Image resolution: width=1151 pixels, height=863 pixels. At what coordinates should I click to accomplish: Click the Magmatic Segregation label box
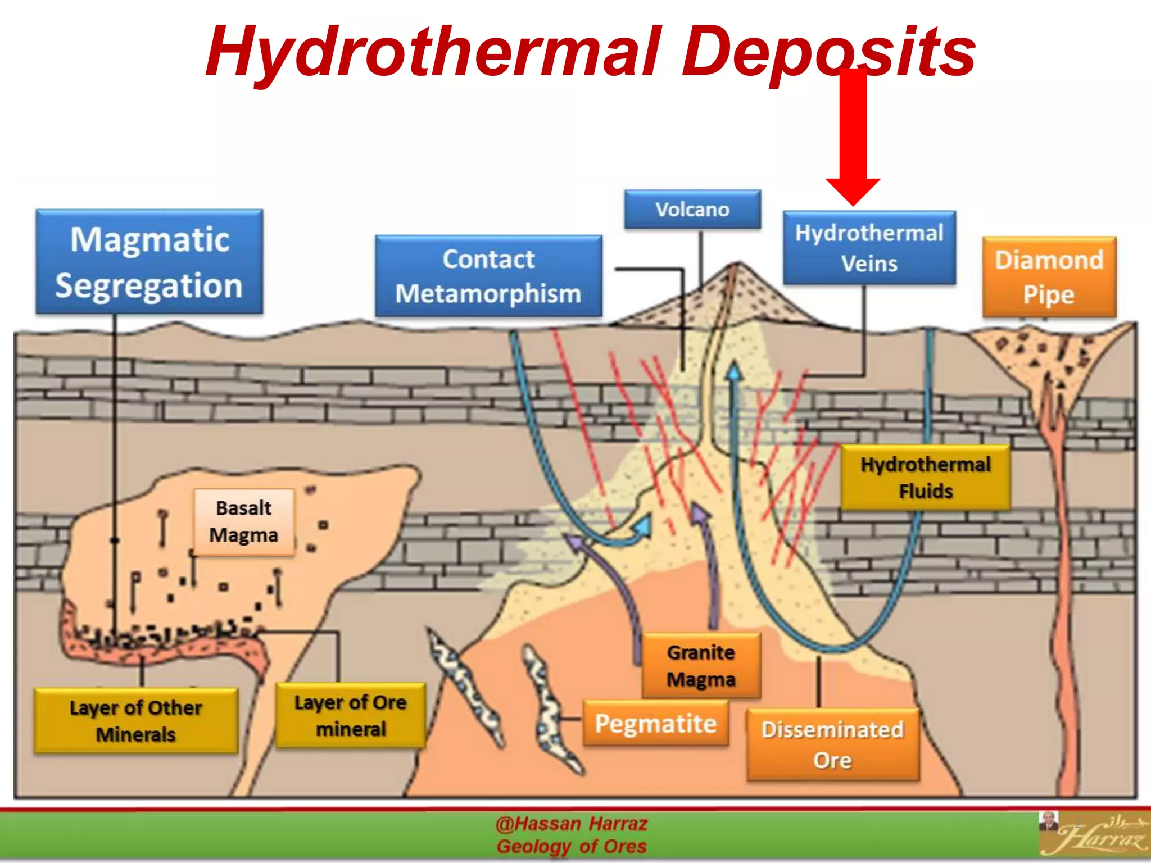(149, 262)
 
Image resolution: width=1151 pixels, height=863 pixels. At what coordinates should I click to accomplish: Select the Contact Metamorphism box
(488, 276)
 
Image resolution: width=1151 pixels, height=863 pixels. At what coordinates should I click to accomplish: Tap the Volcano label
(692, 210)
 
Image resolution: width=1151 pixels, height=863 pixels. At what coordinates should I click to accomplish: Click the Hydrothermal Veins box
(869, 248)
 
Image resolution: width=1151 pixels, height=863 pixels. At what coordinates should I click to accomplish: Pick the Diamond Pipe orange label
(1049, 277)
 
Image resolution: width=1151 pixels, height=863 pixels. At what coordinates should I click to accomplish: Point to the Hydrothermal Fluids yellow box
(925, 478)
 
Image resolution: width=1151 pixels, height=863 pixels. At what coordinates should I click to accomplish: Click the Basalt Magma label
(243, 522)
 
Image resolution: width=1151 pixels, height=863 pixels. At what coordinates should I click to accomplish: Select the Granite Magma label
(701, 666)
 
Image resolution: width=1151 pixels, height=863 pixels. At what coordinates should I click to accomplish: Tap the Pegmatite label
(655, 723)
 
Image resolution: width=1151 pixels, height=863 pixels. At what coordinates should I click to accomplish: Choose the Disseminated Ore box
(832, 744)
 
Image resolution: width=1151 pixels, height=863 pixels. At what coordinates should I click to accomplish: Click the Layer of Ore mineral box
(350, 715)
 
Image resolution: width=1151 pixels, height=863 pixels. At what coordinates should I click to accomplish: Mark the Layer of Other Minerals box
(136, 721)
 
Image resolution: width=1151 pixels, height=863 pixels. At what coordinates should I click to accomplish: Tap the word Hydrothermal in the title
(433, 52)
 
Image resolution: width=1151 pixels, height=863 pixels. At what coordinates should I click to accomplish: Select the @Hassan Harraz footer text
(572, 824)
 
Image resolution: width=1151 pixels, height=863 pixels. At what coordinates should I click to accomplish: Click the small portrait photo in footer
(1048, 821)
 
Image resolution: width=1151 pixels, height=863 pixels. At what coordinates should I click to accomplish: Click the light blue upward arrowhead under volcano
(734, 371)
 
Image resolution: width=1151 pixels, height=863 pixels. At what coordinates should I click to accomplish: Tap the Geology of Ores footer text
(572, 846)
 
